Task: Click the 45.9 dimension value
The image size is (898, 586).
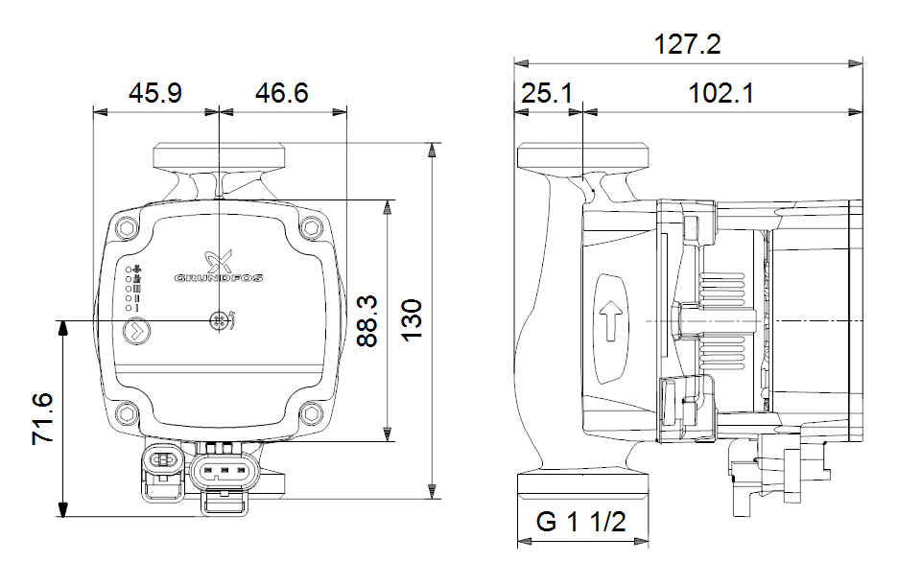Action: coord(154,93)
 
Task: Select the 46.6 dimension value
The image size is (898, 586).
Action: coord(282,93)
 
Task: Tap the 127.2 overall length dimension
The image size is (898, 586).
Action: coord(687,44)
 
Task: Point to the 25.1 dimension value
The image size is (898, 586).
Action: coord(547,93)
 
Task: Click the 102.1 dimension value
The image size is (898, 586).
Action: coord(721,93)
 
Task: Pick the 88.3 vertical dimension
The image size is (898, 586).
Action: coord(367,320)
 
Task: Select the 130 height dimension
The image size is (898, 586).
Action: coord(412,320)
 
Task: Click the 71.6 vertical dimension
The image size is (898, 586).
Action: coord(43,418)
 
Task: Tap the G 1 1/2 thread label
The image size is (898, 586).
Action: coord(581,522)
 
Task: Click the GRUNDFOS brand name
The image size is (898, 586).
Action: coord(219,278)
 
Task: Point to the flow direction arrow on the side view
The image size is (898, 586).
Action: coord(611,321)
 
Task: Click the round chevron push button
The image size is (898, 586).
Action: coord(136,331)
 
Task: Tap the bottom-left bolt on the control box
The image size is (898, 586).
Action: coord(127,413)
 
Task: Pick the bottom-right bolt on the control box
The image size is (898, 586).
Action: coord(312,413)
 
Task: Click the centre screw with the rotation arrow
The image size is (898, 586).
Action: coord(220,321)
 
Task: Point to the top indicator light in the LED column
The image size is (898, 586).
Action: coord(129,269)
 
